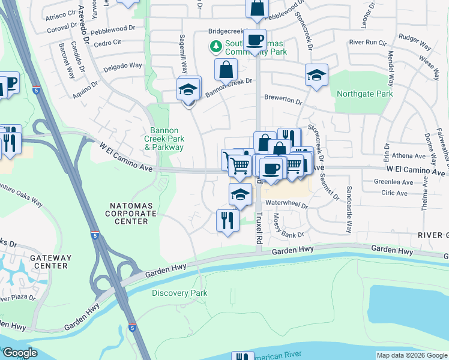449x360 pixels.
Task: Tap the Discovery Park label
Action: (x=179, y=293)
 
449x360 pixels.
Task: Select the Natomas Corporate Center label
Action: (x=127, y=213)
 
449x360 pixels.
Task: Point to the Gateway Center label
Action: (x=50, y=262)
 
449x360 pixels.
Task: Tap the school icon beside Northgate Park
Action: (x=316, y=76)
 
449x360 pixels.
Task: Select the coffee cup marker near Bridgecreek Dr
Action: (x=255, y=40)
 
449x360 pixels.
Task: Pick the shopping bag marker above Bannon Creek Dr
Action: (x=226, y=70)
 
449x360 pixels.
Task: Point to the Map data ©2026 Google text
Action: (x=411, y=355)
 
